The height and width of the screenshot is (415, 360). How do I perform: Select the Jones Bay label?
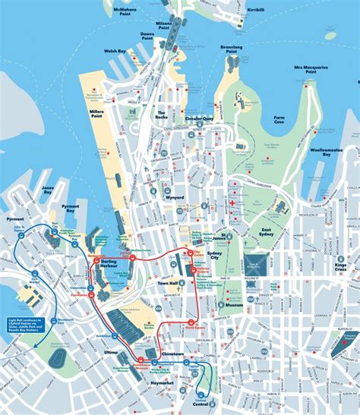point(48,189)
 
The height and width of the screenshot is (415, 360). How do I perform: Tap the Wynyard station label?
point(174,196)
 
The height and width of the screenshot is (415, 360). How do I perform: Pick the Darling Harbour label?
point(114,262)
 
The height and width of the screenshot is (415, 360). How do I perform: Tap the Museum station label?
point(235,305)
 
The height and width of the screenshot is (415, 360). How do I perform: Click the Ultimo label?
point(111,352)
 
